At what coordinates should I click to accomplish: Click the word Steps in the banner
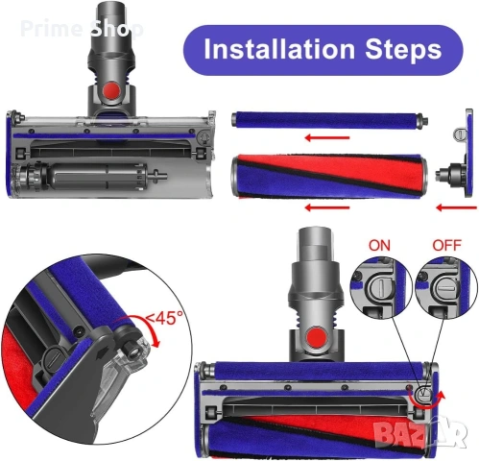397,49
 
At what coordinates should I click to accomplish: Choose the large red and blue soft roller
325,175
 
